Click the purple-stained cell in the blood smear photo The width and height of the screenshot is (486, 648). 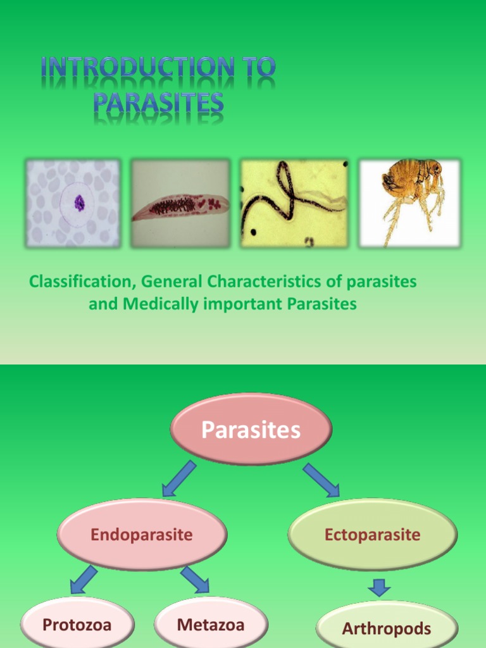click(x=79, y=202)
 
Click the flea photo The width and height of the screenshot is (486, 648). click(x=409, y=202)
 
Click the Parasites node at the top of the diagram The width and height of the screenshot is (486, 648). click(x=251, y=431)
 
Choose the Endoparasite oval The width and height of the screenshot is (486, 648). click(x=142, y=535)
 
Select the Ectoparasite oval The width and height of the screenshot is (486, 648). click(x=372, y=535)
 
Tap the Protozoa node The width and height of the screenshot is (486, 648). click(x=77, y=625)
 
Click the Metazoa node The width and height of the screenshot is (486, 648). click(x=211, y=625)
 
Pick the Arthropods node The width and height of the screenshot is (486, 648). click(x=386, y=628)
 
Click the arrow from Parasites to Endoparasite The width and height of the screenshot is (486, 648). click(x=178, y=478)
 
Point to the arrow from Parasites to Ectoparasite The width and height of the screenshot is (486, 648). click(x=321, y=480)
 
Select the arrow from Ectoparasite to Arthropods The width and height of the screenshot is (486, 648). click(x=379, y=588)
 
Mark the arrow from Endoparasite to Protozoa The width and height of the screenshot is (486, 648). click(x=84, y=580)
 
